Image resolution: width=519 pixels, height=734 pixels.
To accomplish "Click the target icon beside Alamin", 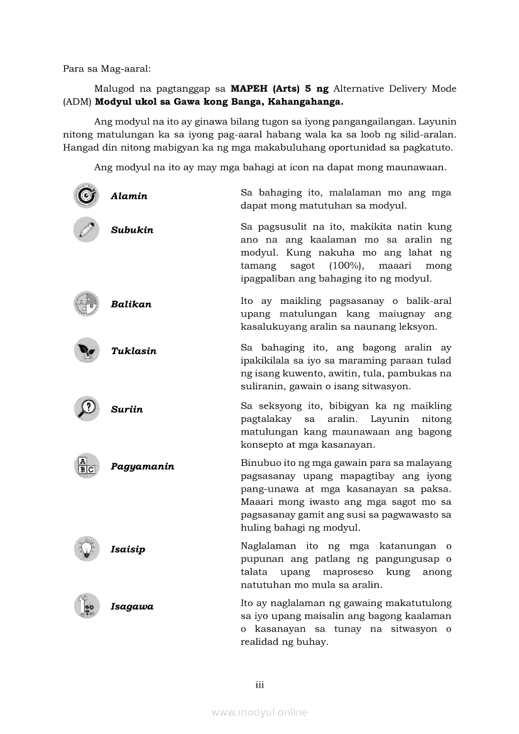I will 86,196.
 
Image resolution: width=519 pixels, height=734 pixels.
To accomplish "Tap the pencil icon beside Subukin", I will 86,229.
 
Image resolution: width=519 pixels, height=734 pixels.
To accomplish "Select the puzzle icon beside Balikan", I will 86,304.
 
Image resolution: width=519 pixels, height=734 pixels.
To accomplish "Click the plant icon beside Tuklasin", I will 86,350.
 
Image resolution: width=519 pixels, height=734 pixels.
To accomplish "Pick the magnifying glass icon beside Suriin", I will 86,409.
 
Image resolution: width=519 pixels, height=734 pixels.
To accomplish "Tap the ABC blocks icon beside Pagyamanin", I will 86,466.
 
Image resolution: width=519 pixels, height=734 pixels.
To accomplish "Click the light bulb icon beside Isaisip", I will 86,549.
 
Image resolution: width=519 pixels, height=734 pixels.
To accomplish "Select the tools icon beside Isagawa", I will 86,606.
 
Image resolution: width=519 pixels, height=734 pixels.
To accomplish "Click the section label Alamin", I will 129,197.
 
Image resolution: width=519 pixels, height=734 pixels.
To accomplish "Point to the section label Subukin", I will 132,230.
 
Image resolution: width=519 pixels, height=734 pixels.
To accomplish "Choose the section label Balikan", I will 131,305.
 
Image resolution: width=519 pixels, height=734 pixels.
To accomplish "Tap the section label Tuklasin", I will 133,351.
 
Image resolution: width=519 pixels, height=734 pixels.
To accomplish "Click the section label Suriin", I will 126,409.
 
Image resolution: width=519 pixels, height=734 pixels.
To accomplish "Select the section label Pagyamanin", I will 142,467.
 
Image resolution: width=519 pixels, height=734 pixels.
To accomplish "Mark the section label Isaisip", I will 128,549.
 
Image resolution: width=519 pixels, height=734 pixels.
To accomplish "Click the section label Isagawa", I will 131,607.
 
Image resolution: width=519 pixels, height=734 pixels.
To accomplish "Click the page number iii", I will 259,684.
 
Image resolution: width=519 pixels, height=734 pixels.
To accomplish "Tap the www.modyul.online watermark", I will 259,712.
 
